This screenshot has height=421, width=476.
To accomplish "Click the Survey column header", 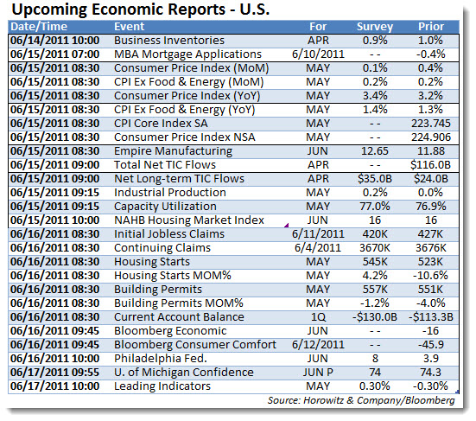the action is click(x=375, y=27).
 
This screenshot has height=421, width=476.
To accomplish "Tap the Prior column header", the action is click(x=431, y=27).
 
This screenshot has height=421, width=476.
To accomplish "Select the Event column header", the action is click(x=130, y=27).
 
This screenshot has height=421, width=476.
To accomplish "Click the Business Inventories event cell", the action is click(x=169, y=41).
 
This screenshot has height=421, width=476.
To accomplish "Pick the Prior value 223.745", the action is click(x=431, y=124).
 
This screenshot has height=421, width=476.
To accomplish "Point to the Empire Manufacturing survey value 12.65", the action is click(x=375, y=151).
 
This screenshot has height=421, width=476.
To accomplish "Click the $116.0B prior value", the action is click(x=431, y=165).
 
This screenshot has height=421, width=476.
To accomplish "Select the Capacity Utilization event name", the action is click(x=165, y=207).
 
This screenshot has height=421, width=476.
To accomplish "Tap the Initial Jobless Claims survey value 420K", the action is click(x=375, y=234).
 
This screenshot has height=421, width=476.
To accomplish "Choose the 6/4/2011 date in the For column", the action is click(x=318, y=248).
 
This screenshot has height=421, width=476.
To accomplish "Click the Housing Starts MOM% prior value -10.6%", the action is click(x=430, y=276).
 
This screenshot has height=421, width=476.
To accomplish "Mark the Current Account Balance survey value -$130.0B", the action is click(x=375, y=317).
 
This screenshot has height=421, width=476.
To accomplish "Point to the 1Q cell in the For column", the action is click(x=318, y=317).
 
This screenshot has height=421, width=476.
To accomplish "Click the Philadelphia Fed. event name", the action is click(x=161, y=359).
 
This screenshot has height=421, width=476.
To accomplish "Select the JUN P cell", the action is click(x=318, y=373).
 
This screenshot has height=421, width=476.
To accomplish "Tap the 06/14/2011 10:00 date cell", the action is click(x=55, y=41).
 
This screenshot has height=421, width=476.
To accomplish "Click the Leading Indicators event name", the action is click(x=162, y=386).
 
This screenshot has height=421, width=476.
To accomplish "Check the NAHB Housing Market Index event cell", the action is click(x=189, y=220).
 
